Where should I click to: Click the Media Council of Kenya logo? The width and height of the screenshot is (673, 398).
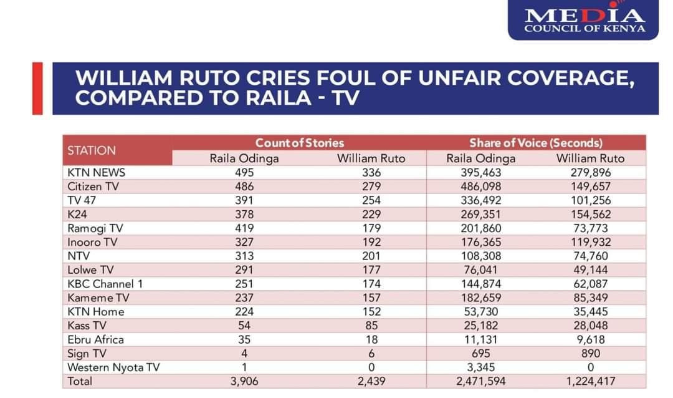584,20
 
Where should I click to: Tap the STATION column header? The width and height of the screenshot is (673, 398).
92,150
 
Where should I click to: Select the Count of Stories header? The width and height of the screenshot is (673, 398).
299,143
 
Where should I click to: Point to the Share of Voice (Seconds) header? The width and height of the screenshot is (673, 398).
535,143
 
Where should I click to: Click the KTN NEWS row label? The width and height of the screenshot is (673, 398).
96,173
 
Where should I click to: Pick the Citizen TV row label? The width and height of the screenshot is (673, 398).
93,187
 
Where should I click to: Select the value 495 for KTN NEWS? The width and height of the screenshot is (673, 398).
244,173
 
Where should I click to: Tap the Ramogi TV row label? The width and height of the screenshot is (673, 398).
95,228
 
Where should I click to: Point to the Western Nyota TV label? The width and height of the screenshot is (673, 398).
113,367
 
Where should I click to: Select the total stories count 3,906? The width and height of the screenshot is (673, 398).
244,381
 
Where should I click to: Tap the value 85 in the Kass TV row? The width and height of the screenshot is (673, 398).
371,326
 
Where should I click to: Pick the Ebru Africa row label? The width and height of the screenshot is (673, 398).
95,339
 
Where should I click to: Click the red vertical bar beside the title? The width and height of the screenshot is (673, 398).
37,88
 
